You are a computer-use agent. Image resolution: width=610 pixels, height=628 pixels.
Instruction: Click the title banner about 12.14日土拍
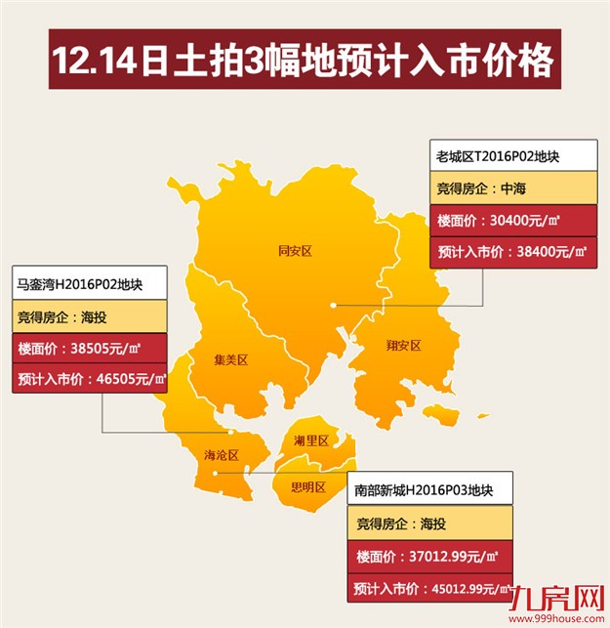(304, 61)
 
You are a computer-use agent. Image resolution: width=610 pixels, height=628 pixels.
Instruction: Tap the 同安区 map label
(294, 251)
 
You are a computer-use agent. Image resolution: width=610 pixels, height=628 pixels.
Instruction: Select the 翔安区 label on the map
(403, 345)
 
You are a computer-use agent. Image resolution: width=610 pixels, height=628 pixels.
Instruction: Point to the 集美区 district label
(231, 360)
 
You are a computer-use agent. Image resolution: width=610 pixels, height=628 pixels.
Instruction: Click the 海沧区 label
(222, 455)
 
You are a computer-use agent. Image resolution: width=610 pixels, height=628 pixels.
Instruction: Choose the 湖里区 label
(310, 440)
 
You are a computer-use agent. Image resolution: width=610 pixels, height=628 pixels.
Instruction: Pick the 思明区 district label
(307, 486)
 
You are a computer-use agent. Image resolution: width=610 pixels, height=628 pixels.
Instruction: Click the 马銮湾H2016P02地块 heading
(89, 285)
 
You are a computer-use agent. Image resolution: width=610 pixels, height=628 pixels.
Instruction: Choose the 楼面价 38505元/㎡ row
(89, 349)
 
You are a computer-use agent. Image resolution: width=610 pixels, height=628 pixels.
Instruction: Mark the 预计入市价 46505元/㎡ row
(89, 379)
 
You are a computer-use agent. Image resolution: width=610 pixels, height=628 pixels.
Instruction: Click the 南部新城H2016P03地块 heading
(428, 489)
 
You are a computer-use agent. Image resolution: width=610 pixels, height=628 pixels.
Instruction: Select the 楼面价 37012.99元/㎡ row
(428, 557)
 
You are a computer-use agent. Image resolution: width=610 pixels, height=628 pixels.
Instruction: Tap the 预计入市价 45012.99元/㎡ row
(428, 589)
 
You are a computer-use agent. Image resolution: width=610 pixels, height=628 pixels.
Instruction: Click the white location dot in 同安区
(334, 305)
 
